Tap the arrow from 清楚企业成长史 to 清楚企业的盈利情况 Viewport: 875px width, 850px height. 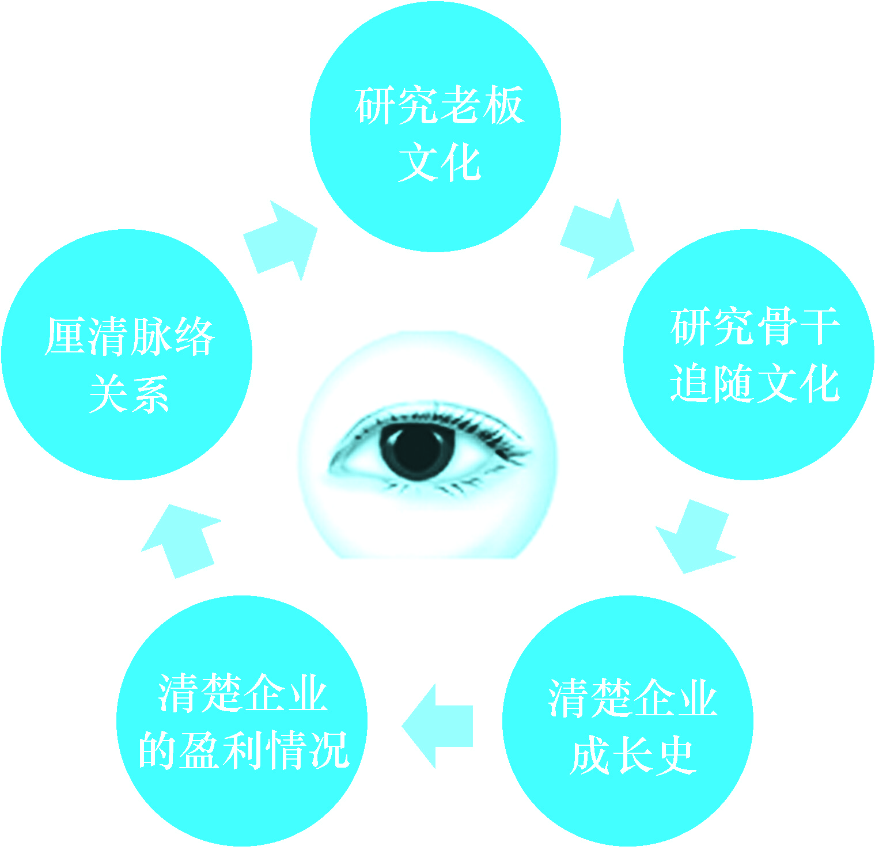pyautogui.click(x=438, y=726)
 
